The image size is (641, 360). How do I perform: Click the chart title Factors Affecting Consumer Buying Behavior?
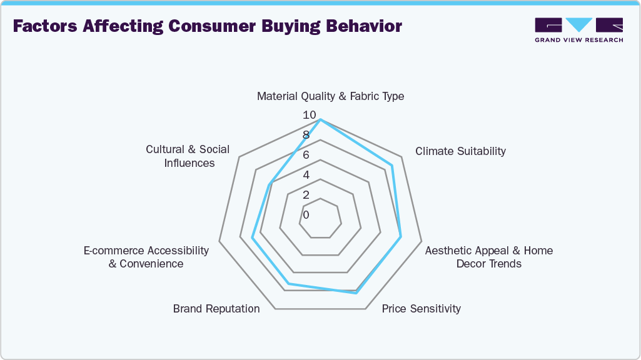coord(207,27)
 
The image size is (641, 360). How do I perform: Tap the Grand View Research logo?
coord(578,30)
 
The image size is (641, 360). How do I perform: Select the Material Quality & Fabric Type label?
coord(330,96)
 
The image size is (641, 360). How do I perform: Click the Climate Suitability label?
coord(460,151)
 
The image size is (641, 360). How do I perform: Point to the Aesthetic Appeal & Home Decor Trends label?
coord(488,257)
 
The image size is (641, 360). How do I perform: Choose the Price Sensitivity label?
coord(421,308)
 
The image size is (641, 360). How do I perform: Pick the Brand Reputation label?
coord(216,308)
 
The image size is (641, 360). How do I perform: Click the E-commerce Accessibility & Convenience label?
coord(146,257)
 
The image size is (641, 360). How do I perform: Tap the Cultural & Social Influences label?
coord(188,156)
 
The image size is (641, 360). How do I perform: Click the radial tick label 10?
coord(309,115)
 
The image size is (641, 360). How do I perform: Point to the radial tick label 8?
coord(306,135)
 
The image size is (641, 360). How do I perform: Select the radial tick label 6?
coord(306,155)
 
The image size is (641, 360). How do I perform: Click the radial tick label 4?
coord(306,175)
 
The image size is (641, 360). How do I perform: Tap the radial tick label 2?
coord(306,195)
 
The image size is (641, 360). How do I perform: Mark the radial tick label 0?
coord(306,215)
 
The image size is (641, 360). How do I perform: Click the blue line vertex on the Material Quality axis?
coord(320,119)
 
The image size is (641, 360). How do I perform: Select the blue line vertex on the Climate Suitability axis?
coord(391,166)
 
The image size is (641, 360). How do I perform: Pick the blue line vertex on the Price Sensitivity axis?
coord(356,293)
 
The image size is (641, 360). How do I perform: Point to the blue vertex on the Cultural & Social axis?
coord(270,184)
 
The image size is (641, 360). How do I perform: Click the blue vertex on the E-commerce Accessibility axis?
coord(252,237)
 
